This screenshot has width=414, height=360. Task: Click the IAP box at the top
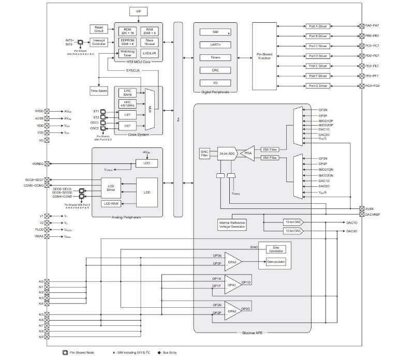click(x=138, y=11)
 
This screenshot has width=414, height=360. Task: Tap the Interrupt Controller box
click(x=100, y=43)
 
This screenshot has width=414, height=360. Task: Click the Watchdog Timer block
click(x=126, y=54)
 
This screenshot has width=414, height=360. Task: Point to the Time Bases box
click(x=98, y=91)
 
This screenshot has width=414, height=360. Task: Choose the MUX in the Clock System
click(x=150, y=109)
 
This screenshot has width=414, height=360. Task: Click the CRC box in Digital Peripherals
click(x=215, y=70)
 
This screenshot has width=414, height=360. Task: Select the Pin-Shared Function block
click(x=264, y=56)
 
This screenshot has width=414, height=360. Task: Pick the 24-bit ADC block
click(x=227, y=154)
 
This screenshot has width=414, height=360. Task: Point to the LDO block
click(x=146, y=163)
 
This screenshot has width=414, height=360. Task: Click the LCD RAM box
click(x=111, y=203)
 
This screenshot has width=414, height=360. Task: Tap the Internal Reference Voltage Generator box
click(x=232, y=224)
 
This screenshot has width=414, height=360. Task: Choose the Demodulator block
click(x=275, y=262)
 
